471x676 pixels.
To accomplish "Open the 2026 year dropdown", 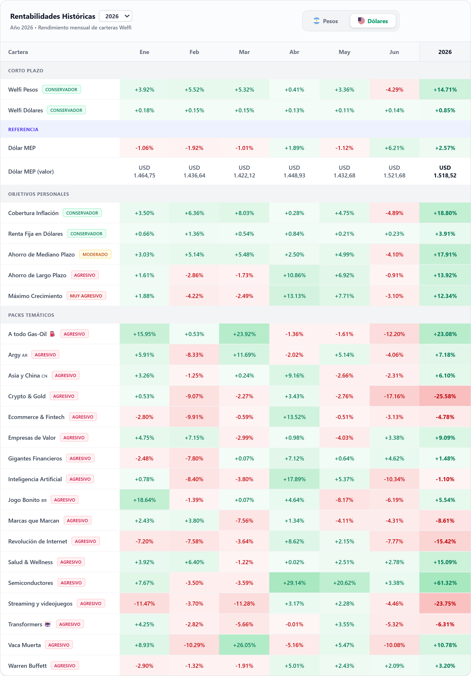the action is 116,16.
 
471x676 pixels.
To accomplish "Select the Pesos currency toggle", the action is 326,21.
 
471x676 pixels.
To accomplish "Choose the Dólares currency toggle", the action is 373,21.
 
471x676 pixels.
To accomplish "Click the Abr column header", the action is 294,52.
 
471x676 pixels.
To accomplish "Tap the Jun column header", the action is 394,52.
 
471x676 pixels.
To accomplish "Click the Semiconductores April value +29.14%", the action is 294,583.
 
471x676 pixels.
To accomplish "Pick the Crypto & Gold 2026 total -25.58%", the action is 445,396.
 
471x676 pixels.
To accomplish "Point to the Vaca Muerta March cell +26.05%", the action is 244,645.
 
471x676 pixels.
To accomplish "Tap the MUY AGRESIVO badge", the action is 86,296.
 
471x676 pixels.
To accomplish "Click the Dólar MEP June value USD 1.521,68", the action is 394,172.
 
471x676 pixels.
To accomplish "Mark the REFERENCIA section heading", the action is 23,129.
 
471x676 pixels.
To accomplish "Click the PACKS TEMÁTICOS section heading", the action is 31,315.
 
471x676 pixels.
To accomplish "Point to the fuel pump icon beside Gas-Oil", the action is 52,334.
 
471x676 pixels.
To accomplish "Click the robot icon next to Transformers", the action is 48,624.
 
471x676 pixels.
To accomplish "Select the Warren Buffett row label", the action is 28,666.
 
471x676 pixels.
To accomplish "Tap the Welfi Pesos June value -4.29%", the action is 394,89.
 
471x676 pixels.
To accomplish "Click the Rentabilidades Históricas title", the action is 53,16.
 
